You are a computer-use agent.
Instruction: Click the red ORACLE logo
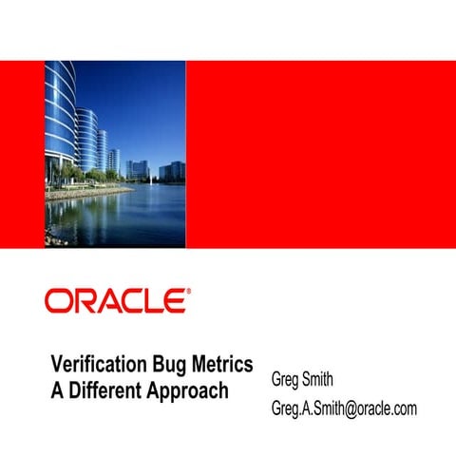(x=115, y=301)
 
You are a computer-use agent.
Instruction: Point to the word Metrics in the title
(x=224, y=366)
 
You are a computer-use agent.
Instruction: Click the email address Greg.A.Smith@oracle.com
(x=344, y=408)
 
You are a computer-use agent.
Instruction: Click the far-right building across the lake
(x=177, y=170)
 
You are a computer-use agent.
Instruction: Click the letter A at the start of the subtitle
(x=58, y=389)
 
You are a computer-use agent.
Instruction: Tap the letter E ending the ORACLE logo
(x=175, y=301)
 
